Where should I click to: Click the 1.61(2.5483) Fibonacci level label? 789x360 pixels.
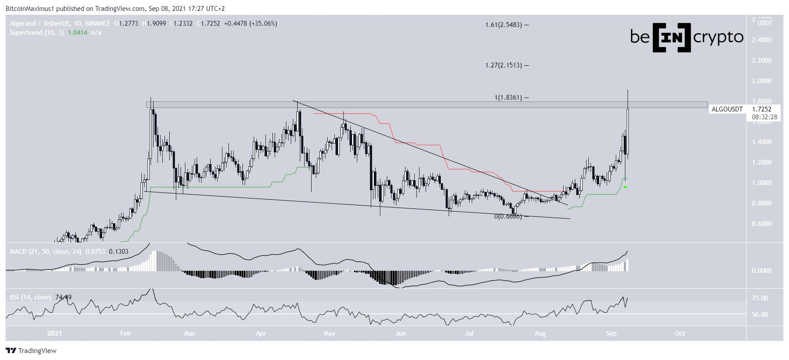(x=504, y=25)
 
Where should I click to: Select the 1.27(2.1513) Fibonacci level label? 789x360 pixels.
(x=504, y=65)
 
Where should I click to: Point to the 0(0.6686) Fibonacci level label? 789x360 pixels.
(x=507, y=216)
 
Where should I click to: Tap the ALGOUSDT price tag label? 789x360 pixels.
(x=727, y=109)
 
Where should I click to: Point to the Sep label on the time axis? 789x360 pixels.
(x=611, y=333)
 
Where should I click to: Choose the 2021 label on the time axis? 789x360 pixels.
(x=54, y=333)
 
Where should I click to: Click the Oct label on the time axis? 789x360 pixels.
(x=679, y=333)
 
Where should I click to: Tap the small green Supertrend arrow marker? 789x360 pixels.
(x=625, y=187)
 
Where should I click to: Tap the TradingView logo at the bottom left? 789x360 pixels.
(x=31, y=351)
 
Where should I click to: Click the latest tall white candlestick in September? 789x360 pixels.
(x=628, y=131)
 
